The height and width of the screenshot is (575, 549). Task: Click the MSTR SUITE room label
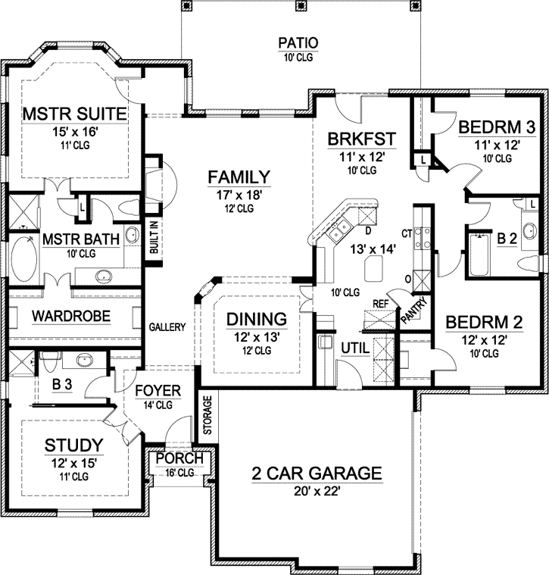point(73,114)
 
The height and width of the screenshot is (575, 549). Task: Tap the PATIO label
point(297,42)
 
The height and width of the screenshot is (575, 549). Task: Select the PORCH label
point(179,459)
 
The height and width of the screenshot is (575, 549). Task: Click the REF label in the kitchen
point(381,304)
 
